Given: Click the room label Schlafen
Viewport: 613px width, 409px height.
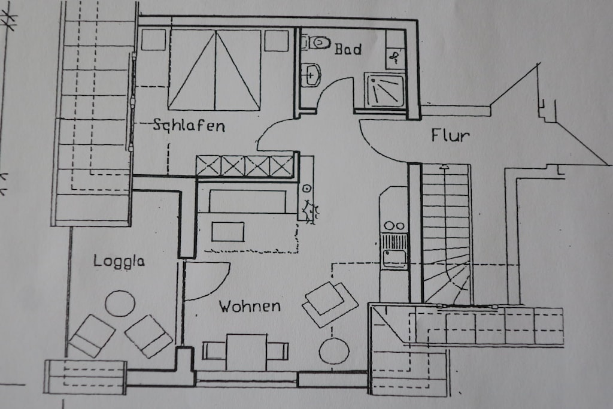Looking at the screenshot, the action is [x=189, y=125].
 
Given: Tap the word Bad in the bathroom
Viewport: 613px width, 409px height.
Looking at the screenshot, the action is [x=348, y=49].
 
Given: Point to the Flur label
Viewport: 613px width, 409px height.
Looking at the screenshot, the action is [x=450, y=135].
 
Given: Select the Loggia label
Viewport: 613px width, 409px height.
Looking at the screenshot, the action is [x=119, y=261].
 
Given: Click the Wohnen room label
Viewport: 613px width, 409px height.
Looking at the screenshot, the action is [x=250, y=306].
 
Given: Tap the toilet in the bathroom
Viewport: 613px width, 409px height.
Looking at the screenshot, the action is [x=317, y=43].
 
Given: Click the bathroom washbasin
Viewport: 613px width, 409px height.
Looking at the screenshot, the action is [x=311, y=75].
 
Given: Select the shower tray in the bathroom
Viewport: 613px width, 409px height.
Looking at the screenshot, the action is [x=384, y=90].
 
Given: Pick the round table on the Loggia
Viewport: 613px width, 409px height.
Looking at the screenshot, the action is [x=120, y=304].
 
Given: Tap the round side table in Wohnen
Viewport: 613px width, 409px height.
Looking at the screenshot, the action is [x=334, y=351].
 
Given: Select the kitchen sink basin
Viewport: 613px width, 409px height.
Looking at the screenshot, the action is [x=394, y=259].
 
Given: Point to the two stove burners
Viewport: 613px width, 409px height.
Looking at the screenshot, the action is [x=394, y=226].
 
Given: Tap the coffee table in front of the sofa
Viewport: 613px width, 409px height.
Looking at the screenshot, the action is [x=228, y=232].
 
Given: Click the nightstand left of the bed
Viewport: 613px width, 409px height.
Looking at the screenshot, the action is [x=153, y=40].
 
